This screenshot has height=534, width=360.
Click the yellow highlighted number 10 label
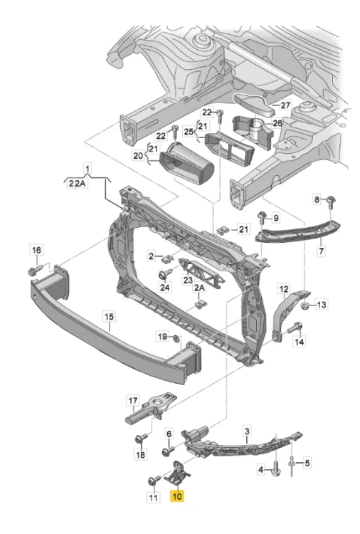(177, 496)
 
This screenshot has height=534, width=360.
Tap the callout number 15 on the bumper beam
(109, 316)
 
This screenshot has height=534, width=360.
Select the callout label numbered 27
(285, 105)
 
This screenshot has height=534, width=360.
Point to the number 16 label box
(36, 251)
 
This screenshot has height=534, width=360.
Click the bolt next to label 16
(36, 271)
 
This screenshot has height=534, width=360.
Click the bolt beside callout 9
(262, 217)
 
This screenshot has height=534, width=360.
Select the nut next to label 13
(305, 305)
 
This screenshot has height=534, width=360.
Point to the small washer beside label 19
(176, 338)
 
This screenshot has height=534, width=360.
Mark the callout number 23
(188, 281)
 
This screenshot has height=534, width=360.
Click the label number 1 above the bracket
(88, 169)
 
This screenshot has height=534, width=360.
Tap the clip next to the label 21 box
(223, 231)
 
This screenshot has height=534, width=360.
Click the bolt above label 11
(155, 480)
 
